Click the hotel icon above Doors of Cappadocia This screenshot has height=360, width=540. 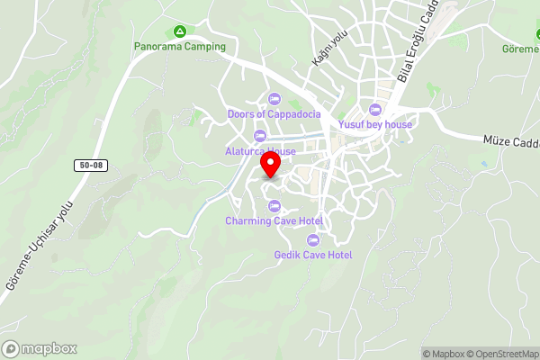coord(274,99)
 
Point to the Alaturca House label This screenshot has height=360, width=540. coord(260,151)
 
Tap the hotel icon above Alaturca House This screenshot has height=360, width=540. coord(260,137)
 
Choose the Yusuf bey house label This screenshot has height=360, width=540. coord(375,124)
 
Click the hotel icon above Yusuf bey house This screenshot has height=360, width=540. coord(375,110)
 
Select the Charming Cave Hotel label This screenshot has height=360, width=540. coord(274,220)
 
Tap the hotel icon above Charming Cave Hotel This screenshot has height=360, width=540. coord(274,206)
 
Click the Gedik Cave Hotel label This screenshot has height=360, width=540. coord(313,255)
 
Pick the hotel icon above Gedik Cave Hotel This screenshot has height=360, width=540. coord(313,240)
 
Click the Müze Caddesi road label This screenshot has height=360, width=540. coord(510,141)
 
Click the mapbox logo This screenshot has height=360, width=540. coord(40,348)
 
